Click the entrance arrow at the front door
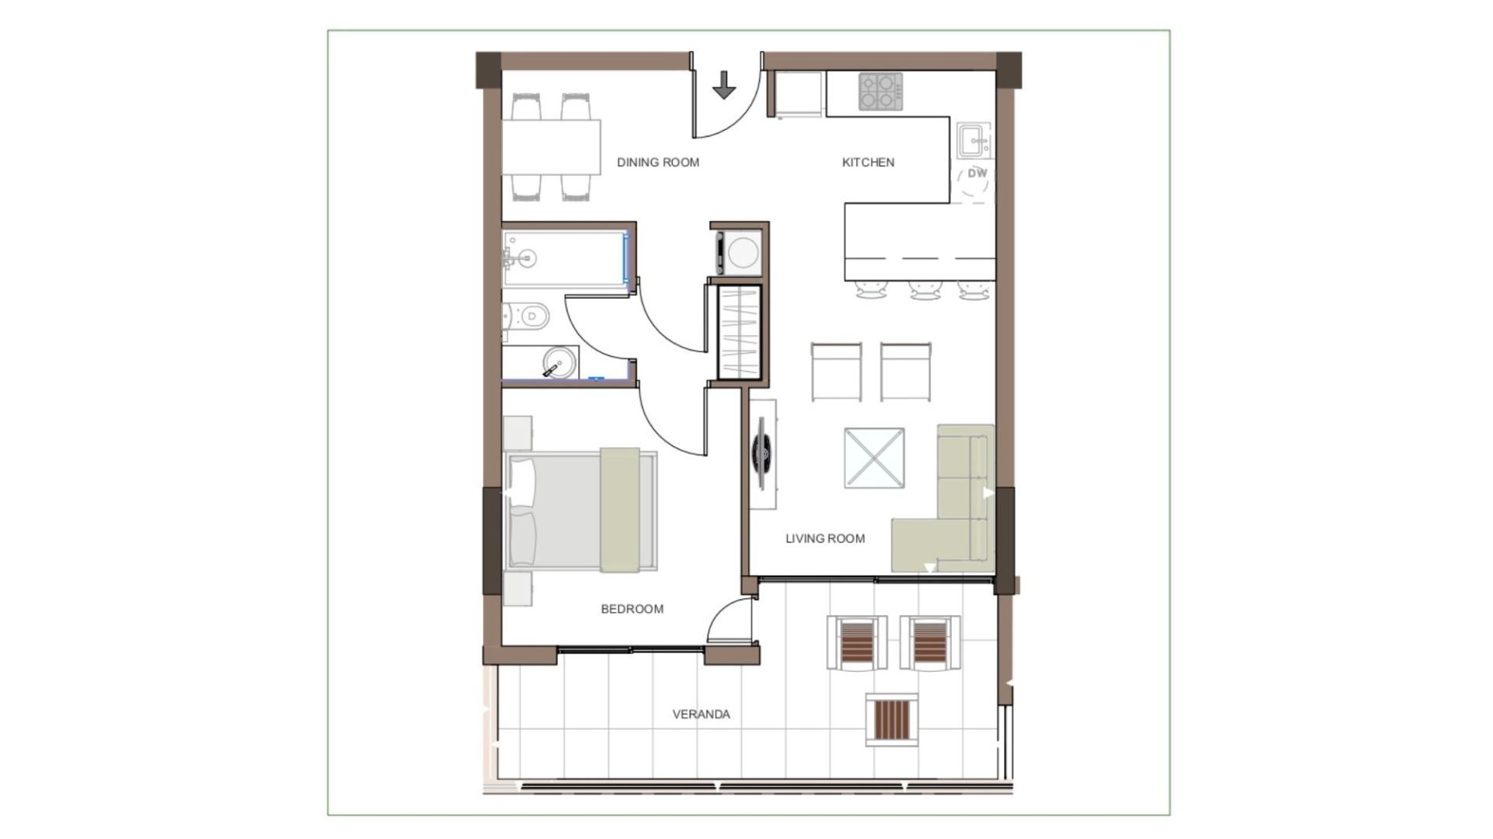point(724,86)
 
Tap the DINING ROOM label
point(658,163)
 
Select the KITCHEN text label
point(868,163)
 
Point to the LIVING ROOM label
point(825,538)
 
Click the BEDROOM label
point(632,609)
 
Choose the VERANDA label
point(701,714)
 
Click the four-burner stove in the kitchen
point(880,92)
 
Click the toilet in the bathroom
point(527,316)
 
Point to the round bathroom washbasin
point(559,362)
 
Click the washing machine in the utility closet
point(739,253)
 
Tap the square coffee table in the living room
point(874,458)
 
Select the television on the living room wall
point(762,454)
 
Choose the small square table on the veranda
point(891,720)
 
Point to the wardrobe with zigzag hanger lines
point(739,334)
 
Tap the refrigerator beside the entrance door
point(799,95)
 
